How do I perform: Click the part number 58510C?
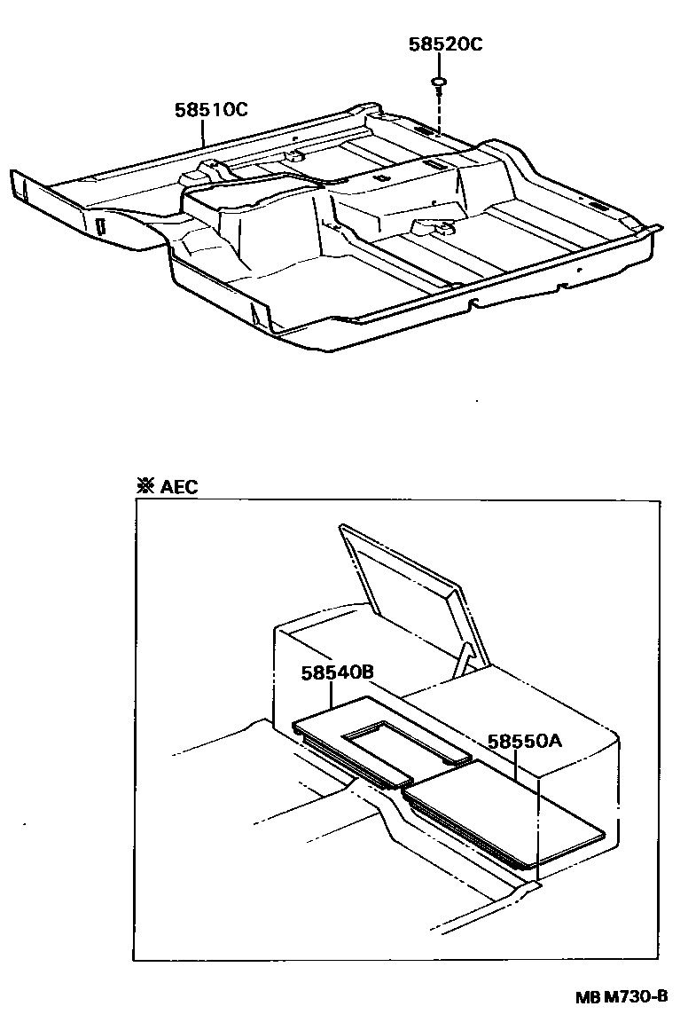point(210,110)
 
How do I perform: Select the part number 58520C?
point(445,45)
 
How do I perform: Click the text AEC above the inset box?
point(180,486)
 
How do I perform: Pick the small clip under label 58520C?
point(439,84)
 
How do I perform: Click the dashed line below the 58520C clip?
point(439,111)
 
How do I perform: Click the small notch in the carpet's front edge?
point(476,304)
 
